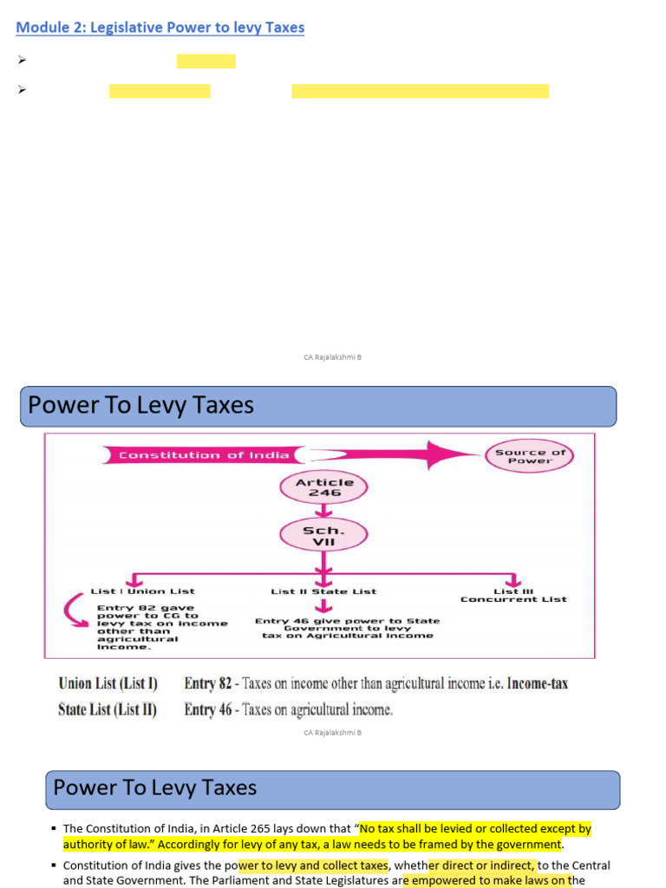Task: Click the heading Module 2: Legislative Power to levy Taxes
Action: [160, 28]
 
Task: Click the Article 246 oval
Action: [324, 487]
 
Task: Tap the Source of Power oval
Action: [530, 456]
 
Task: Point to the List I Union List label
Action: [143, 591]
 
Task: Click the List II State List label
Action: [323, 591]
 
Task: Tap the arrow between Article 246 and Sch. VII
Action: [323, 511]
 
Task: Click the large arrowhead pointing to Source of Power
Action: [451, 454]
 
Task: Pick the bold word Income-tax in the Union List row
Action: [538, 683]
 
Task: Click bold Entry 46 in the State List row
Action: [208, 709]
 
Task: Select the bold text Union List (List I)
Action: [108, 683]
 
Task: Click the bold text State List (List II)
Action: [108, 709]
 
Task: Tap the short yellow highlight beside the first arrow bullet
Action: [206, 61]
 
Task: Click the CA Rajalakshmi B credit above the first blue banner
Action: [332, 357]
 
